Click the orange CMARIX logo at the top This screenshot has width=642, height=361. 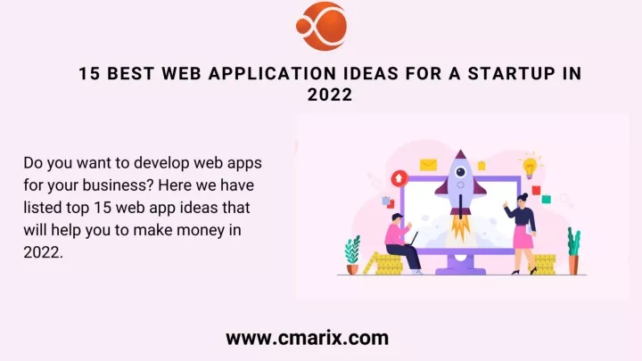coord(321,27)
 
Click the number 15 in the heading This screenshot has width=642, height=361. coord(89,75)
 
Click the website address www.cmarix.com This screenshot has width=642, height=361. coord(307,338)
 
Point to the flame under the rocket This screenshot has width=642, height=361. coord(461,227)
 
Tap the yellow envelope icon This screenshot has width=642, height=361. coord(427,165)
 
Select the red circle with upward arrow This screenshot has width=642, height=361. coord(399,176)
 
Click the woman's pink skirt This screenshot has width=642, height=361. coord(523,239)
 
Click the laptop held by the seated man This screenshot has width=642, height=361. coord(412,239)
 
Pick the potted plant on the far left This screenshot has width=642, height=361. coord(353,255)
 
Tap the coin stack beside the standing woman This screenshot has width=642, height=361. coord(544,264)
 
